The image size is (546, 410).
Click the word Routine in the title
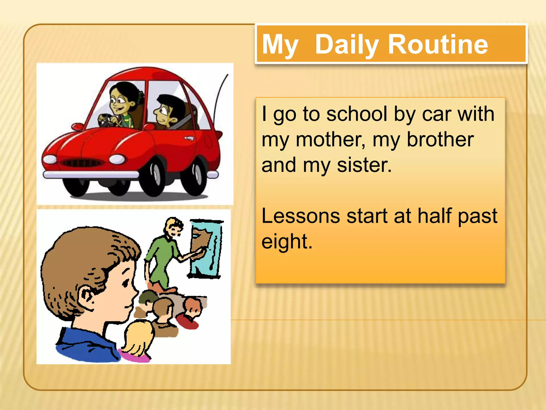coord(438,45)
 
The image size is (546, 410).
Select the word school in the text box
coord(357,114)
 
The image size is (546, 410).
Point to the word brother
coord(440,140)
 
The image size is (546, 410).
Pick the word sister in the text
coord(364,165)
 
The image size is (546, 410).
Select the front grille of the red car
coord(81,163)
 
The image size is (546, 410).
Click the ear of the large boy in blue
coord(86,295)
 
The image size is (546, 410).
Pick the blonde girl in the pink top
coord(137,342)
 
